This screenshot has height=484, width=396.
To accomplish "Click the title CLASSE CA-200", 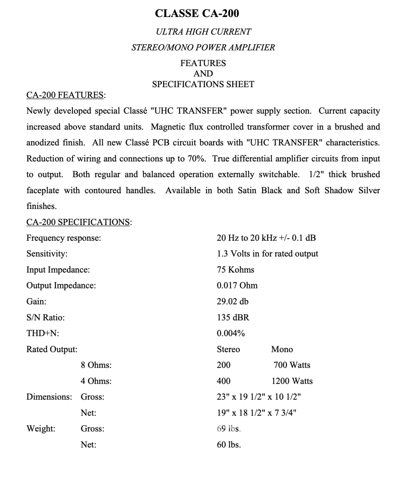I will [x=197, y=13].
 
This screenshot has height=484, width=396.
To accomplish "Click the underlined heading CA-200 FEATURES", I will [x=65, y=95].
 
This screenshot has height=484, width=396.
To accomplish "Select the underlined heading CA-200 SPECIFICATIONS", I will [x=78, y=222].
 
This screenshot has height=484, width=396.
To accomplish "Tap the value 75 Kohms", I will [x=235, y=269].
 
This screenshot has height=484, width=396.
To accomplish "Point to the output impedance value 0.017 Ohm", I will [x=237, y=286].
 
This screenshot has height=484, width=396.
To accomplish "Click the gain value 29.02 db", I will [x=232, y=301].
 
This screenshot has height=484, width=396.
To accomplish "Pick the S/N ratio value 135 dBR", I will [x=233, y=317].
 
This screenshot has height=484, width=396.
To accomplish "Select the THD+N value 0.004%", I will [x=230, y=333].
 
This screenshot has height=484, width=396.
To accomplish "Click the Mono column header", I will [x=282, y=349].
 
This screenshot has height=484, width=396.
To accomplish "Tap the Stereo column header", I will [x=228, y=349].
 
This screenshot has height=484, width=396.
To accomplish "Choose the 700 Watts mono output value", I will [x=292, y=365].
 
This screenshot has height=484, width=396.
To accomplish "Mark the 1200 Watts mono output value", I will [x=292, y=381].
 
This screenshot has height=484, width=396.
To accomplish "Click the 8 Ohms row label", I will [x=96, y=365].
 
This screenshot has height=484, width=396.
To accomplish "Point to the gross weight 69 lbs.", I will [x=228, y=429].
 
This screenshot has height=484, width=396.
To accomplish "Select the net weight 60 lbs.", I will [x=228, y=445].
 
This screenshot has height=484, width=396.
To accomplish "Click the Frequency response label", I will [x=64, y=238].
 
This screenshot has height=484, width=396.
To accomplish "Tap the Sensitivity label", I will [x=47, y=254].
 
